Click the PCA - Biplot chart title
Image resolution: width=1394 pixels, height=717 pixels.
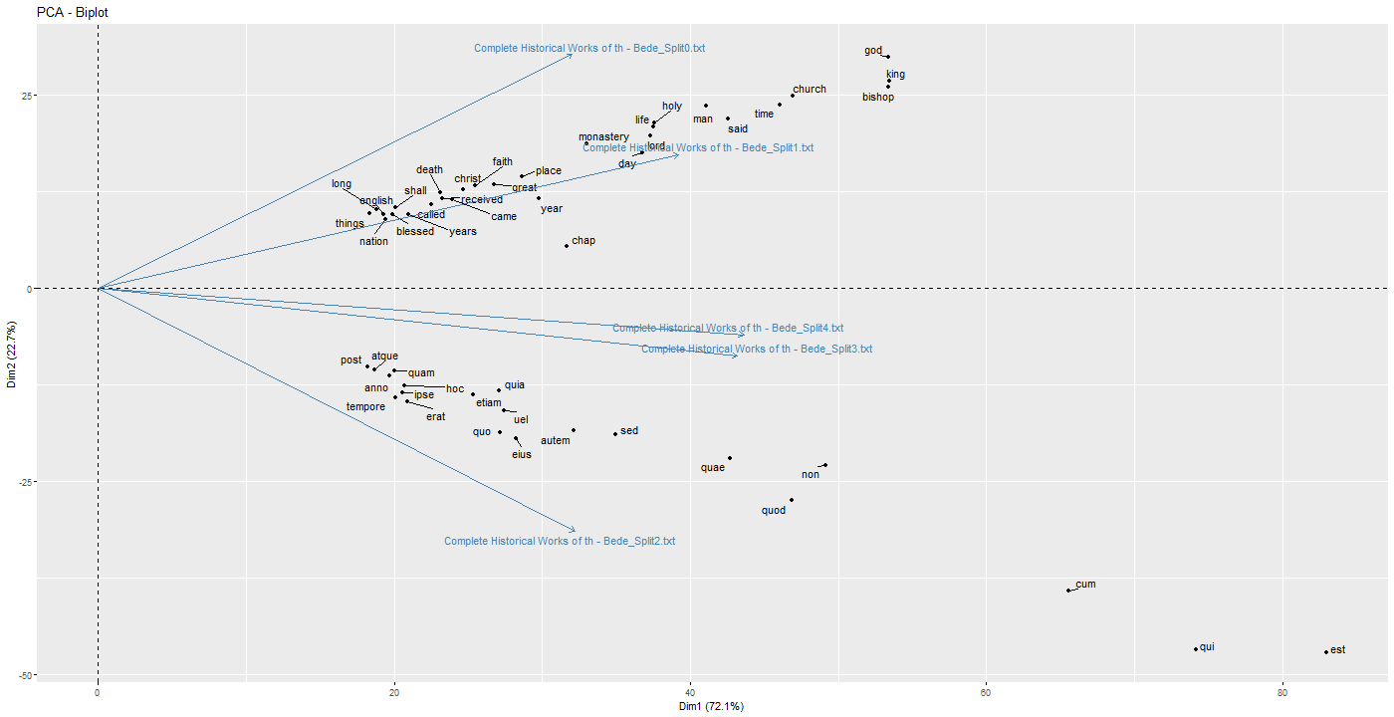tap(74, 11)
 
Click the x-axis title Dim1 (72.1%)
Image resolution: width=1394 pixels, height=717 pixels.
tap(712, 706)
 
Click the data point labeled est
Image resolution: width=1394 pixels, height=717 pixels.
tap(1326, 652)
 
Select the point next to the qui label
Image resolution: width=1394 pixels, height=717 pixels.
tap(1196, 649)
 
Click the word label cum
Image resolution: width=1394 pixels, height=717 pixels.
tap(1085, 585)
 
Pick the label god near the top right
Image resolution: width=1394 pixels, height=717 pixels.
tap(873, 51)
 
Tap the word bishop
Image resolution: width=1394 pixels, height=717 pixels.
tap(878, 98)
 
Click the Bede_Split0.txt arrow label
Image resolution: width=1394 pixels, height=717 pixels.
tap(589, 48)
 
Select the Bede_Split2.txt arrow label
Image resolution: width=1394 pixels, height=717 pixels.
tap(560, 541)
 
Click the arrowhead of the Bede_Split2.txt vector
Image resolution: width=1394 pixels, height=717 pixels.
tap(575, 530)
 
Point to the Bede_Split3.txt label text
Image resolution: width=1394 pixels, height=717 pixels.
tap(757, 349)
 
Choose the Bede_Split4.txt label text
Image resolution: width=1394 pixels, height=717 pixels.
tap(728, 328)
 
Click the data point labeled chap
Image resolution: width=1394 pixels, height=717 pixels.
tap(567, 246)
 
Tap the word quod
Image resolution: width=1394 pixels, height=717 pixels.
tap(774, 511)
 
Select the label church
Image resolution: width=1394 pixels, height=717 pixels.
tap(810, 89)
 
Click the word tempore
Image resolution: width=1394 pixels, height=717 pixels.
tap(365, 406)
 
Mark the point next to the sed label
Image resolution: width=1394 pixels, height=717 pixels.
tap(615, 434)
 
